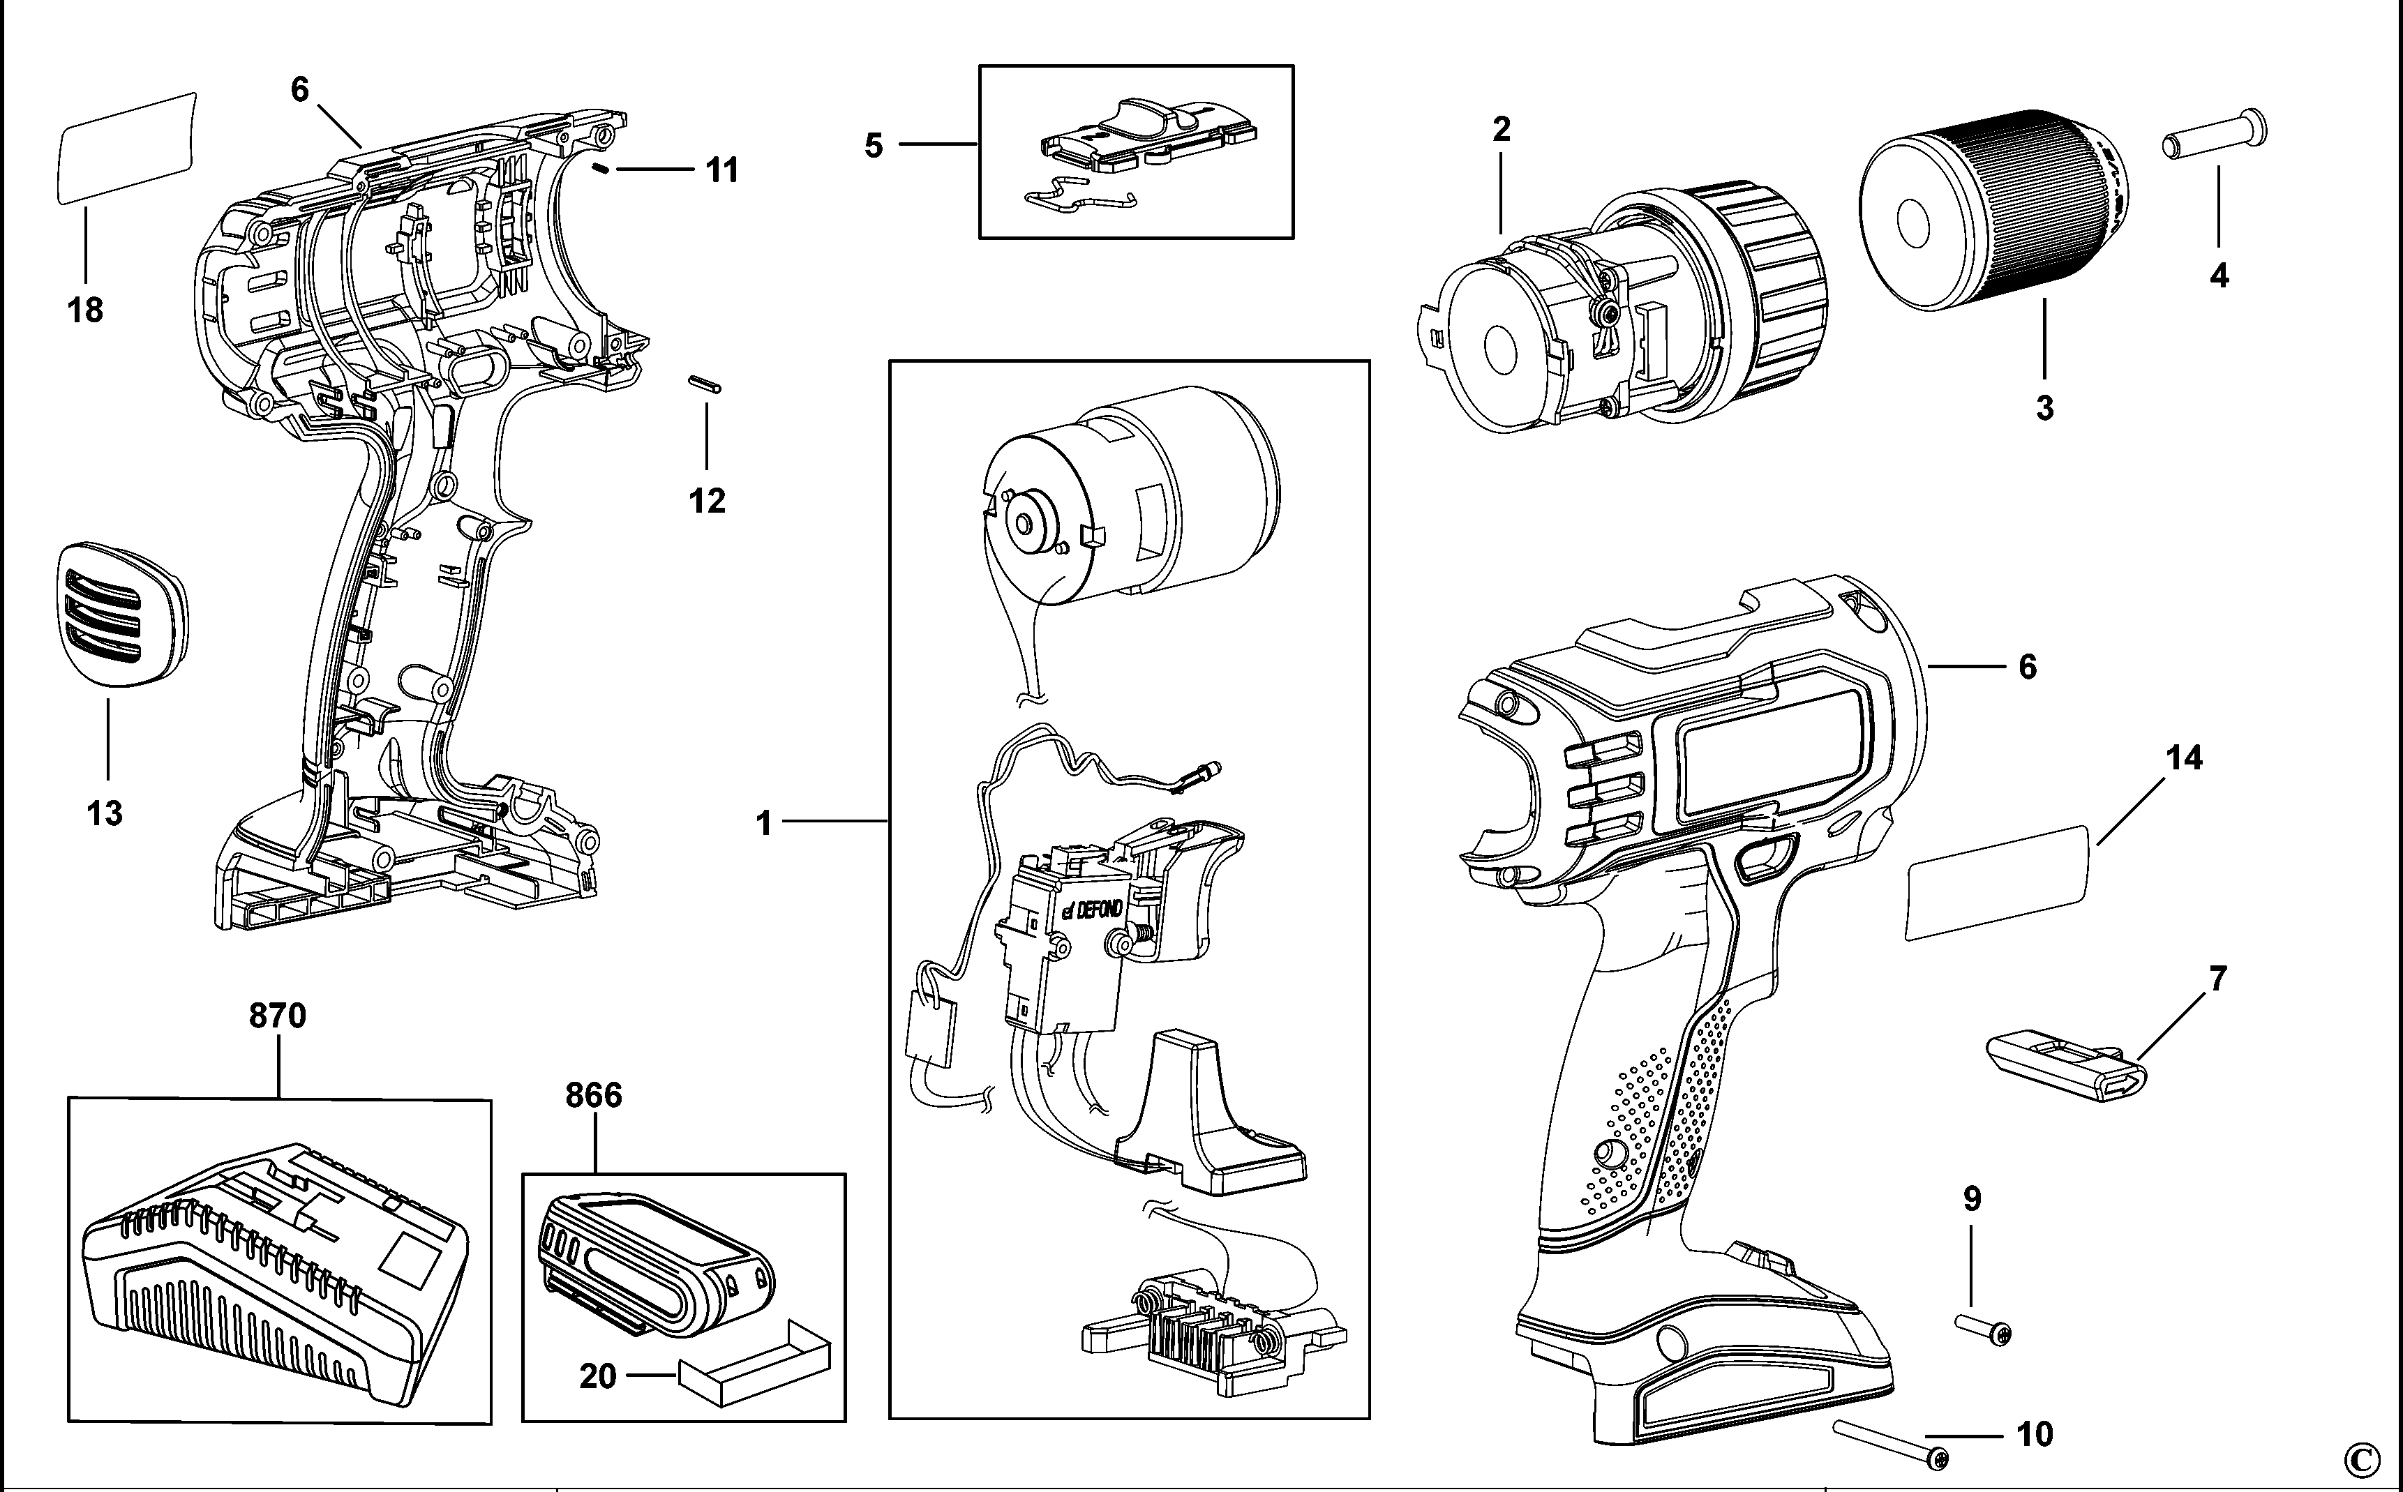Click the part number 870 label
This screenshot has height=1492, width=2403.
[277, 1016]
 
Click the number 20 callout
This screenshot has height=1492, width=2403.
[598, 1376]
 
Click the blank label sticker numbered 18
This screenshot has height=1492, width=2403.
[126, 148]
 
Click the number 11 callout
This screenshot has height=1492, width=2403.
[722, 171]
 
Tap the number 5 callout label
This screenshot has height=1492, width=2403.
[874, 146]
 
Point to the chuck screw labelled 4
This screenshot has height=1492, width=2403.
[2213, 138]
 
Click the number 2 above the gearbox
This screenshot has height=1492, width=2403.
[1501, 129]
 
